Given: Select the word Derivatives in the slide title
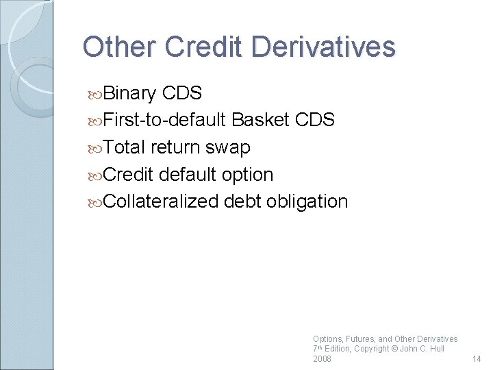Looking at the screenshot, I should click(x=323, y=47).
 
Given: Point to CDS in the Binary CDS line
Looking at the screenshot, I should click(x=182, y=93).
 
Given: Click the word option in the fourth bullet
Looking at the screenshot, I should click(x=247, y=175).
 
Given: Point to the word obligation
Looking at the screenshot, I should click(x=307, y=202).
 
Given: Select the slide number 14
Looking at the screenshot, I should click(x=477, y=359).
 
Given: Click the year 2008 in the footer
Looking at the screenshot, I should click(x=322, y=359).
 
